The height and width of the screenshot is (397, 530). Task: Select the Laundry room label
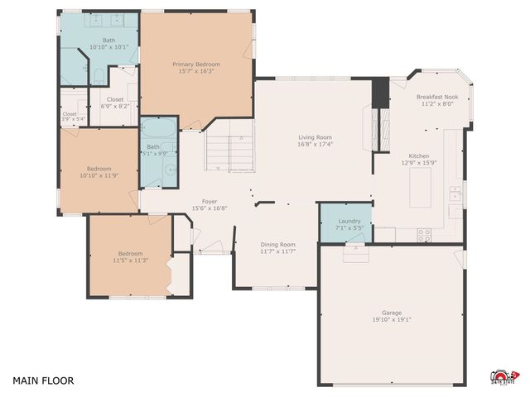[x=349, y=221]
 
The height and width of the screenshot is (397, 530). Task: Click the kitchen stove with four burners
[x=424, y=232]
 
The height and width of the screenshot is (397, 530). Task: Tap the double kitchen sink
[x=455, y=194]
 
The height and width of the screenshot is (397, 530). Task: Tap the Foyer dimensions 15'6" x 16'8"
[x=210, y=208]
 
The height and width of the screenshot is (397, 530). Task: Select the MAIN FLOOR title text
[x=43, y=381]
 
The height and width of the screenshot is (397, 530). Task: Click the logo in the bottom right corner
[x=502, y=376]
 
